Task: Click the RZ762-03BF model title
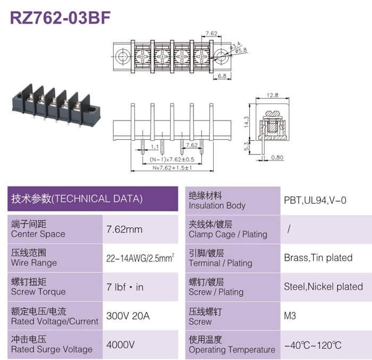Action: tap(60, 18)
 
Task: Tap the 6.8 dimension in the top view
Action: tap(222, 76)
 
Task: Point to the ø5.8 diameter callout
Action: tap(241, 50)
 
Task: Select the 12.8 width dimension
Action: tap(272, 95)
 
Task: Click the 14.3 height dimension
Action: tap(247, 122)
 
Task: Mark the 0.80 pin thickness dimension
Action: tap(277, 157)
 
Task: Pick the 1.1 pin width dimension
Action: tap(155, 147)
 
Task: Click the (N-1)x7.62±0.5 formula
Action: tap(172, 159)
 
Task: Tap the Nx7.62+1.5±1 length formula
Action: tap(172, 168)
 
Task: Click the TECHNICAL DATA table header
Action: tap(77, 199)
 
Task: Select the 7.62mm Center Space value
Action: tap(124, 229)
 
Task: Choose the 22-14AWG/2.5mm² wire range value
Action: tap(140, 258)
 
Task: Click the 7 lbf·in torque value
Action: tap(125, 287)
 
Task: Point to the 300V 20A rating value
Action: tap(128, 316)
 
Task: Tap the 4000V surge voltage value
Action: tap(121, 345)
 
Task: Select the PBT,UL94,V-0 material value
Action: tap(315, 201)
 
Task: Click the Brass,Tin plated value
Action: tap(318, 258)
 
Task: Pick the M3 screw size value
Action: tap(290, 316)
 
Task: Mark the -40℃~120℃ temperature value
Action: tap(312, 345)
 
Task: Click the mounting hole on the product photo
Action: tap(90, 109)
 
